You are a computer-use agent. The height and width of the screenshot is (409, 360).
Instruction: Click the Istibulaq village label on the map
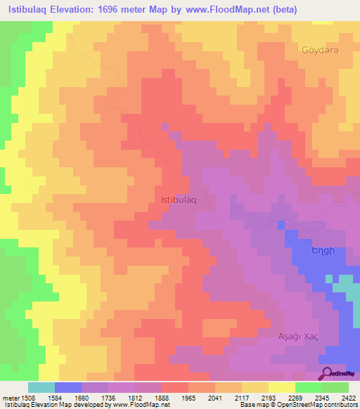point(181,200)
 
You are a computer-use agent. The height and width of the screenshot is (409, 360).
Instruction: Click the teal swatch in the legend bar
point(41,387)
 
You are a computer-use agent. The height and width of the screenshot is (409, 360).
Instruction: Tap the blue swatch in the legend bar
point(68,387)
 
